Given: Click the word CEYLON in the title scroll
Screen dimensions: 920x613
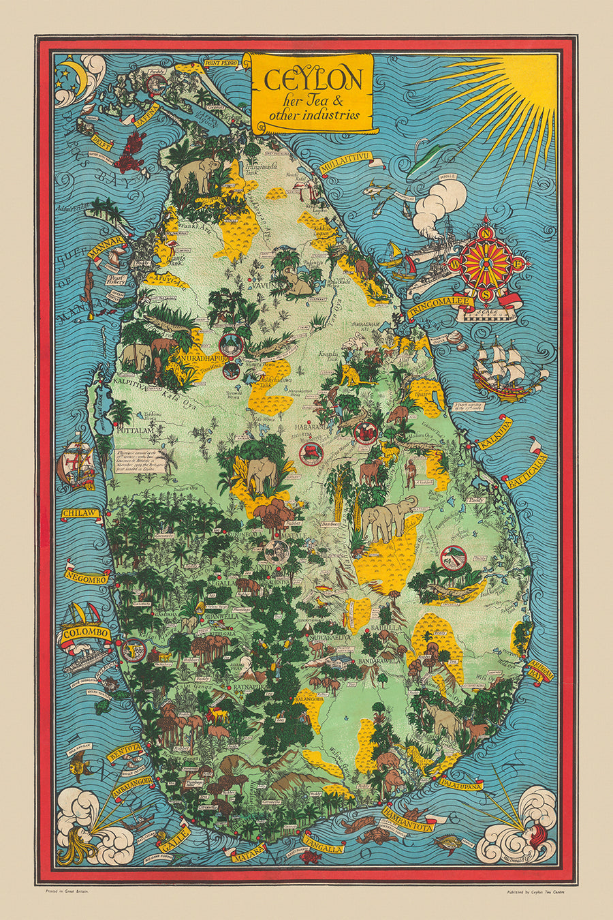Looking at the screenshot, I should click(x=313, y=81).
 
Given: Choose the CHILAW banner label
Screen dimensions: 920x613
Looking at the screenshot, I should click(x=81, y=512).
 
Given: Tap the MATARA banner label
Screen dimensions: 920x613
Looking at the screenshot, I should click(x=247, y=855).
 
